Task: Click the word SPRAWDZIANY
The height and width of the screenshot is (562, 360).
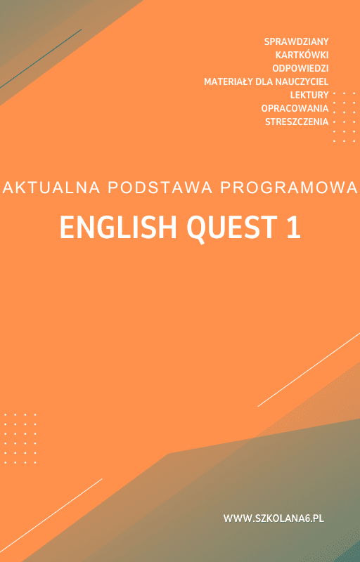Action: pos(296,41)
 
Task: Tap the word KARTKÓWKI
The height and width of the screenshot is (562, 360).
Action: pos(302,55)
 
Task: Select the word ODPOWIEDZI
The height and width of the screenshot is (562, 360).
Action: pos(300,68)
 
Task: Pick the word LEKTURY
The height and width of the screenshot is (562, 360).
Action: pos(309,95)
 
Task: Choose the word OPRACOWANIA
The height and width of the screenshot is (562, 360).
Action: pos(295,108)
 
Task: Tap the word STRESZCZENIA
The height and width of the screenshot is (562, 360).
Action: pos(297,122)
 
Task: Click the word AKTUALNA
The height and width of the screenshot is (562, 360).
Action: pos(51,188)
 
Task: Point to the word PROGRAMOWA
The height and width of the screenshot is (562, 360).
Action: pos(290,188)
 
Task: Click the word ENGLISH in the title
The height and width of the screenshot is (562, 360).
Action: pos(118,228)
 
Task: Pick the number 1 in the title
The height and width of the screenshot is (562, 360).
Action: pos(293,228)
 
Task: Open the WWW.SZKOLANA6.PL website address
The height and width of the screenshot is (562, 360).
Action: pos(274,518)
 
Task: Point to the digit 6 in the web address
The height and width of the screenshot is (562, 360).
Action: pos(304,518)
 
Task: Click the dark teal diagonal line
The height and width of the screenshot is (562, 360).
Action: pos(41,58)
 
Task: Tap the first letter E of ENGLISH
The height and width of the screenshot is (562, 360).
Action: pos(66,228)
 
